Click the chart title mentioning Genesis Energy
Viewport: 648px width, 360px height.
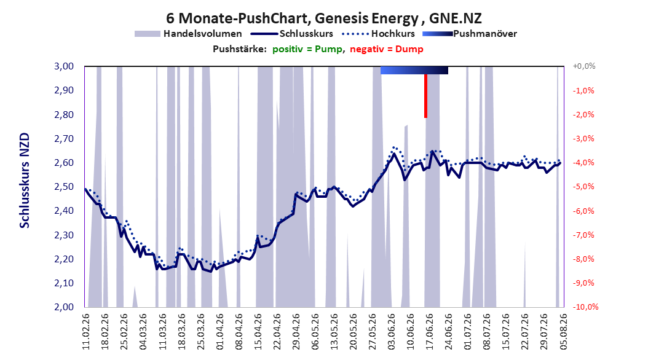tap(324, 18)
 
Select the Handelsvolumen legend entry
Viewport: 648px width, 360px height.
tap(189, 34)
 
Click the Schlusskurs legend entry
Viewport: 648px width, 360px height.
tap(292, 34)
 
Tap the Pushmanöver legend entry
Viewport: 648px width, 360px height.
tap(470, 34)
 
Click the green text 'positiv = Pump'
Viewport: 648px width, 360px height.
tap(307, 49)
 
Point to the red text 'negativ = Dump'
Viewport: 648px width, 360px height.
tap(387, 49)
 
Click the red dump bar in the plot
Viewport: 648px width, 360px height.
tap(425, 96)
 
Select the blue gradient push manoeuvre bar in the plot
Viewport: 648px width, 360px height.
tap(414, 70)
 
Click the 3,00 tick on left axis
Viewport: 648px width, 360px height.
tap(64, 66)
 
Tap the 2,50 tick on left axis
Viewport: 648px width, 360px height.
tap(64, 187)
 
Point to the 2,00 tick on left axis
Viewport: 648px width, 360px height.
tap(64, 307)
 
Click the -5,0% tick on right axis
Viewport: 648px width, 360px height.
tap(583, 187)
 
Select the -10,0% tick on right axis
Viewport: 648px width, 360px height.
tap(585, 307)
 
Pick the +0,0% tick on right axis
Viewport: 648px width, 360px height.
tap(583, 66)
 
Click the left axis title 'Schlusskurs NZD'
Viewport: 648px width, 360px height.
tap(25, 180)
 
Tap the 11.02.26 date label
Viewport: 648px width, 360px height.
tap(86, 332)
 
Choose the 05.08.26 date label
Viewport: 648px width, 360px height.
tap(563, 332)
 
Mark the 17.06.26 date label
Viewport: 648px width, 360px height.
tap(429, 332)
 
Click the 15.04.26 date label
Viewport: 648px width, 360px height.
tap(258, 332)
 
